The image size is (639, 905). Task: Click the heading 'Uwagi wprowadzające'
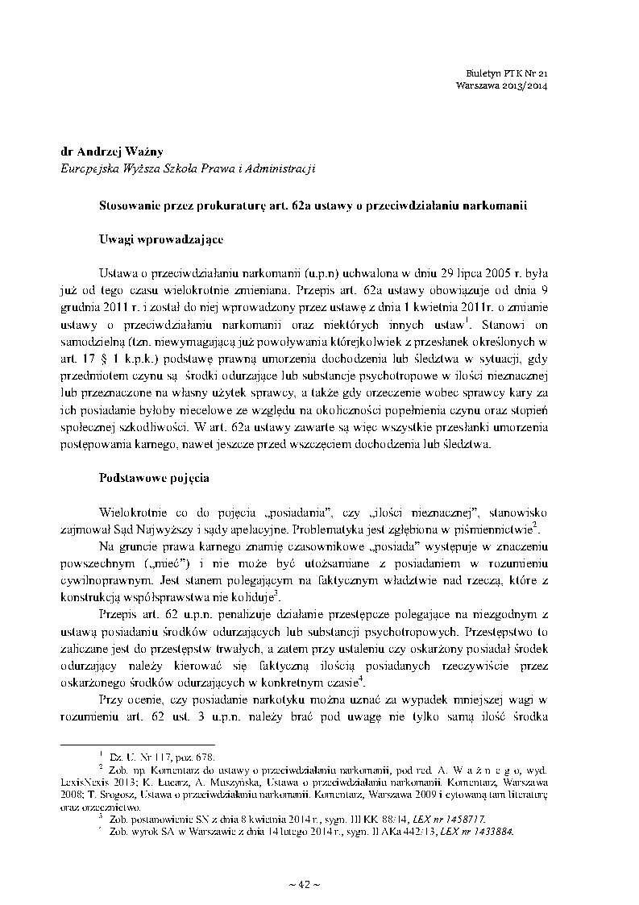156,239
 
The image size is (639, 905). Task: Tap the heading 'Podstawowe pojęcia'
154,477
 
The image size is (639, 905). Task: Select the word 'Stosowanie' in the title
130,205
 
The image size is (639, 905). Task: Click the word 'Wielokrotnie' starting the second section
131,513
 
